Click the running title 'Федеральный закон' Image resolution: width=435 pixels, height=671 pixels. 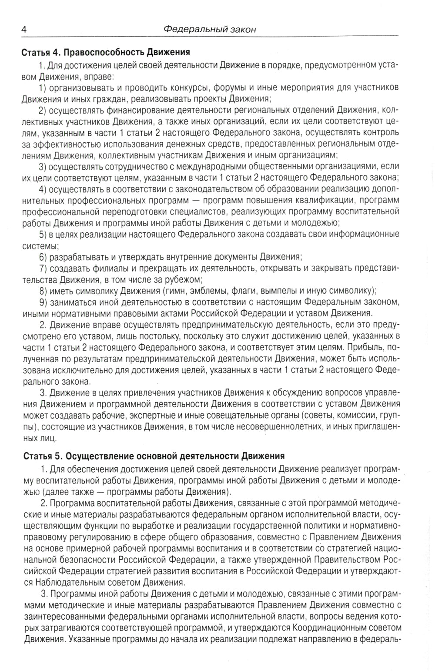tap(210, 30)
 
